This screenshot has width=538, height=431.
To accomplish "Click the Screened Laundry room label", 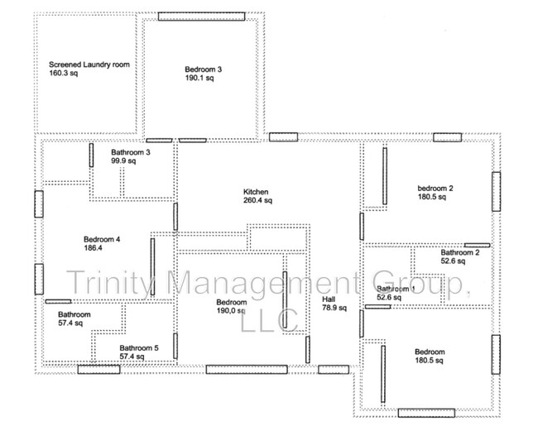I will (89, 64).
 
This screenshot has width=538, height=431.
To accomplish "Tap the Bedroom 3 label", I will (203, 69).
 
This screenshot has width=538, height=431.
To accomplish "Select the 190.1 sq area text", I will (199, 79).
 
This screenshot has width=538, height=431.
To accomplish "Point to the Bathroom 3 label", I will (131, 152).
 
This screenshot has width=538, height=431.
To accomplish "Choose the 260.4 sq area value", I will (257, 200).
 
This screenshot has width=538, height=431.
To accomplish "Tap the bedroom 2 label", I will (435, 188).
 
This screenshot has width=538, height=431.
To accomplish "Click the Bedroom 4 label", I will (101, 240).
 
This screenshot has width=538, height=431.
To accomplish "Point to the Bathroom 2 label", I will (460, 252).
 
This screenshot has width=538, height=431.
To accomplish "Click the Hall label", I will (329, 299).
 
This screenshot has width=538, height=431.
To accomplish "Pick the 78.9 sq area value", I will (333, 309).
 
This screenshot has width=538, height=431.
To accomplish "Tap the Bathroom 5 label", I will (139, 348).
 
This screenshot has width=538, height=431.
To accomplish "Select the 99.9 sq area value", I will (123, 161).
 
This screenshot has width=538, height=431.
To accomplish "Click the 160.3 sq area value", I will (63, 73).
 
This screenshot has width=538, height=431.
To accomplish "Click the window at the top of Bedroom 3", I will (201, 16).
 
